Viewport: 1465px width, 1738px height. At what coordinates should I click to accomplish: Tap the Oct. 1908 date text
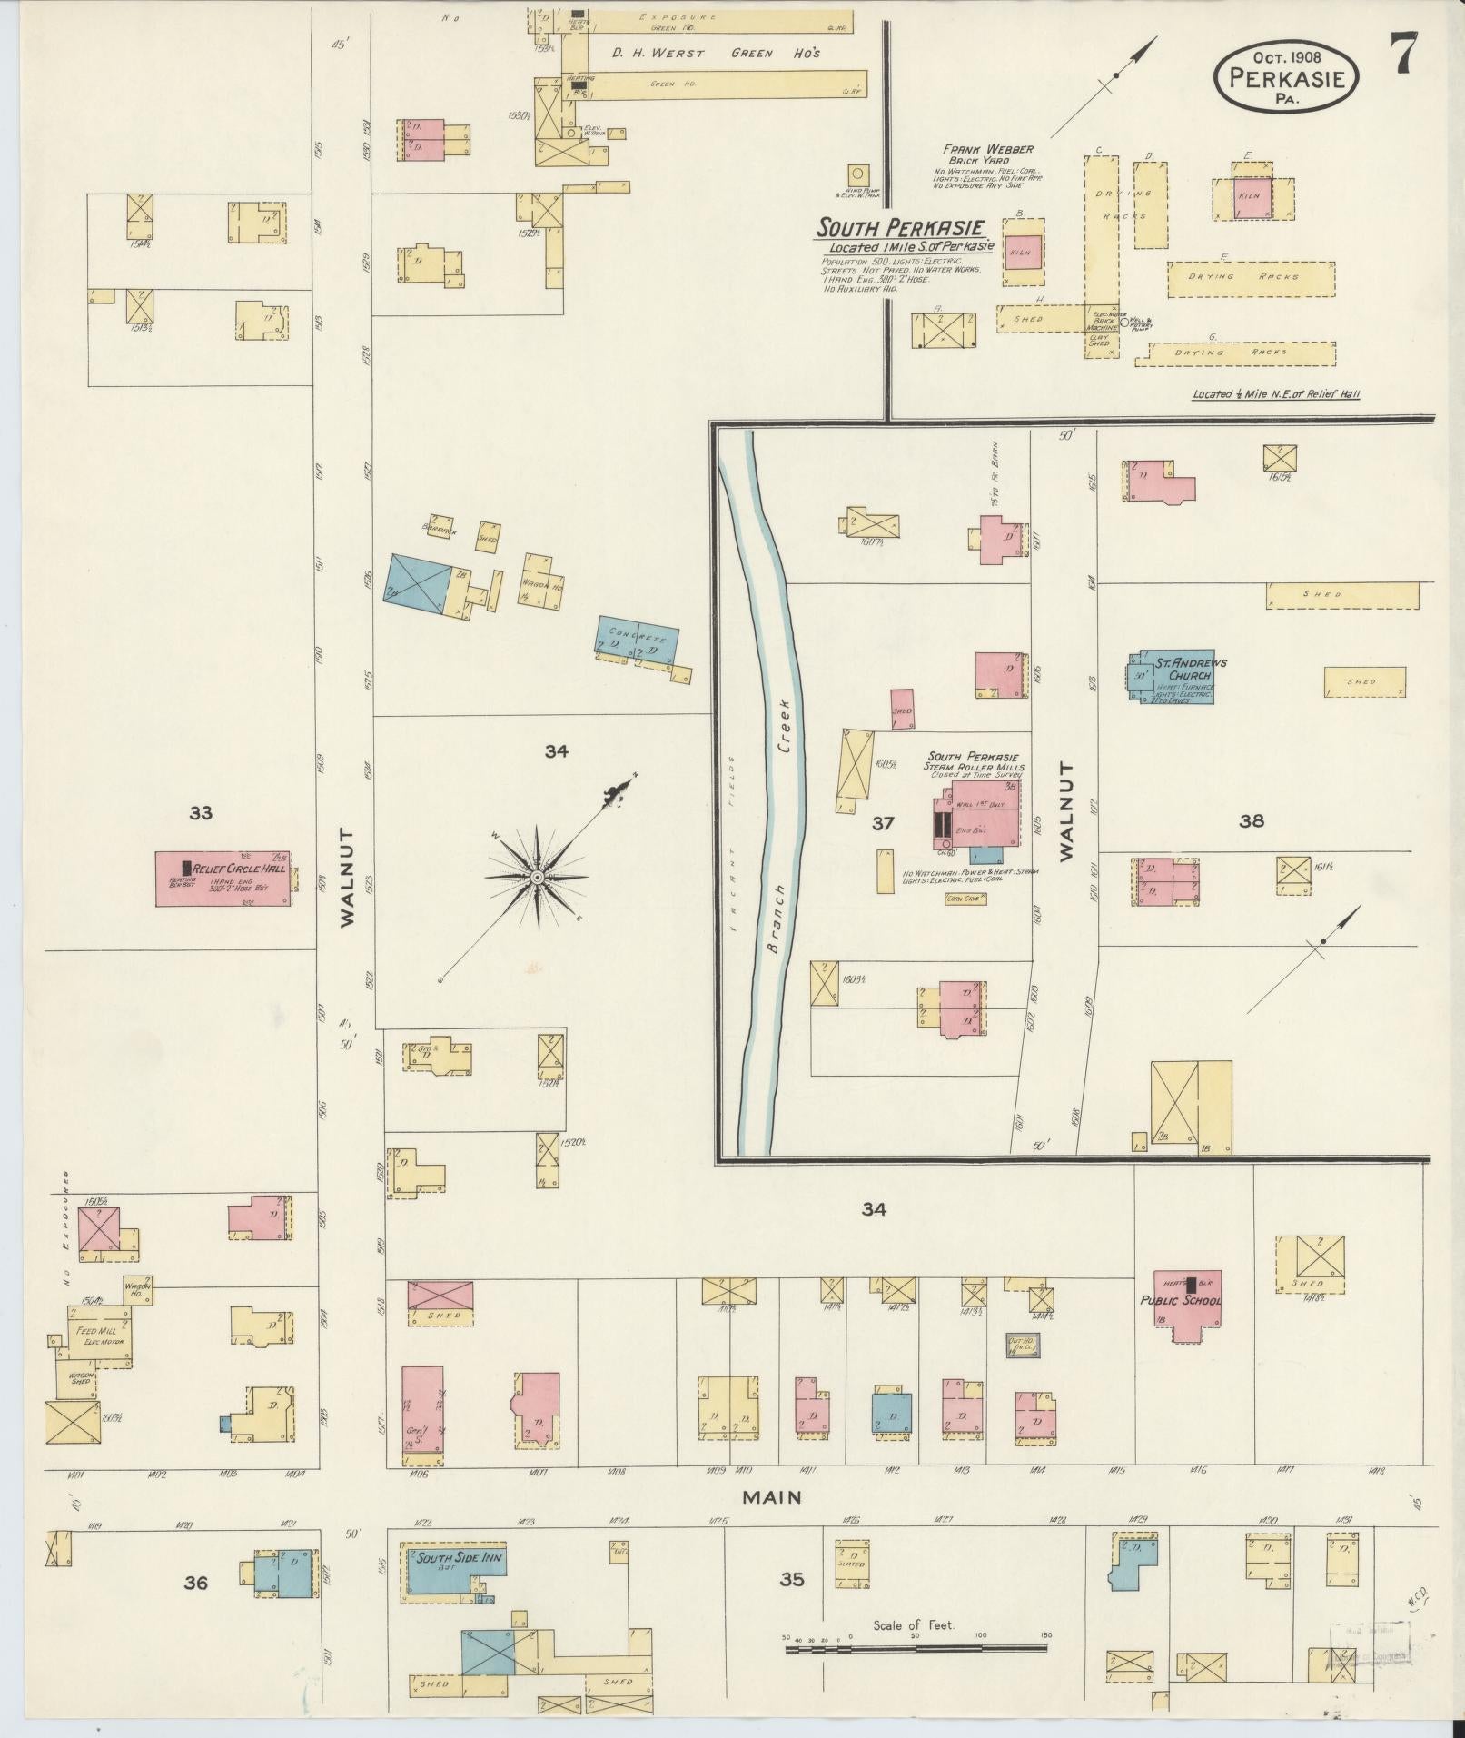coord(1287,56)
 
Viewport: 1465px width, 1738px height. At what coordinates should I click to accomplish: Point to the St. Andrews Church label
coord(1190,669)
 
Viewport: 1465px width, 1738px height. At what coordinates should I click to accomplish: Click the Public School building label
coord(1181,1300)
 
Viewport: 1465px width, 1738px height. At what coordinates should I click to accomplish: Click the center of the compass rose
coord(538,877)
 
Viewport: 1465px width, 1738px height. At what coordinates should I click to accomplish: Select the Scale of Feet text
coord(914,1624)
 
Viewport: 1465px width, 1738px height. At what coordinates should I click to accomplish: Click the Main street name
coord(772,1495)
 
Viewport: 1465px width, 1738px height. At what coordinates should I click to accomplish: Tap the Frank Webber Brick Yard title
coord(987,154)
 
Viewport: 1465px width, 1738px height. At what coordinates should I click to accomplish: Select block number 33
coord(201,813)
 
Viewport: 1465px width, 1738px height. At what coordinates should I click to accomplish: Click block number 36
coord(196,1583)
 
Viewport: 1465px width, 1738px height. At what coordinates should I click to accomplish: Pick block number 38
coord(1252,821)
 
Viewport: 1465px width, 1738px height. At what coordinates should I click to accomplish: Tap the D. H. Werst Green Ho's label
coord(715,54)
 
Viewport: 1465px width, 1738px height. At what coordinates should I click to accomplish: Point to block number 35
coord(791,1579)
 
